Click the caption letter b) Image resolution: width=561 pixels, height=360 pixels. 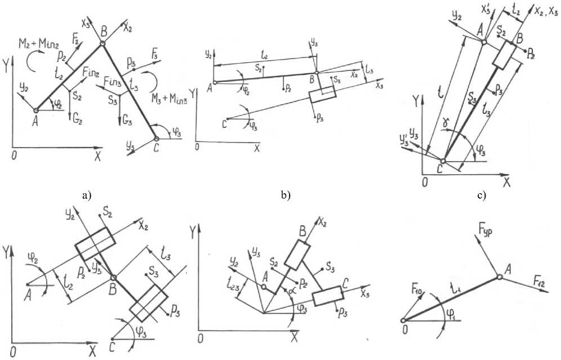pos(285,196)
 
